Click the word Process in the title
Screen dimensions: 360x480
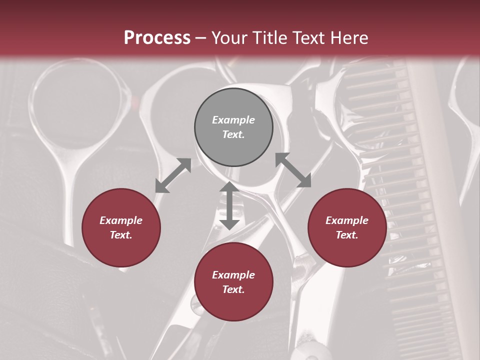coord(157,38)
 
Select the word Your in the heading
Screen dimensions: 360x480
coord(229,38)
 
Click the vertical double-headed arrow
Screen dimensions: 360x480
coord(229,205)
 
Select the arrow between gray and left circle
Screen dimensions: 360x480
coord(173,175)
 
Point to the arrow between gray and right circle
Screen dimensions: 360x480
coord(293,170)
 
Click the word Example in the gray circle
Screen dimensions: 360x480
coord(233,120)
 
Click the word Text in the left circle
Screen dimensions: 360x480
coord(121,235)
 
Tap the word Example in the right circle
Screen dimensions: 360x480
coord(347,220)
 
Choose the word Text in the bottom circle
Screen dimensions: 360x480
coord(233,289)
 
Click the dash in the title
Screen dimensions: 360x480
coord(201,38)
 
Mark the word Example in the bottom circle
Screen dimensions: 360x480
coord(233,275)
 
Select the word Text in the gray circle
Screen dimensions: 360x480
coord(233,134)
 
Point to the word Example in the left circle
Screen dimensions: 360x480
coord(121,220)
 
